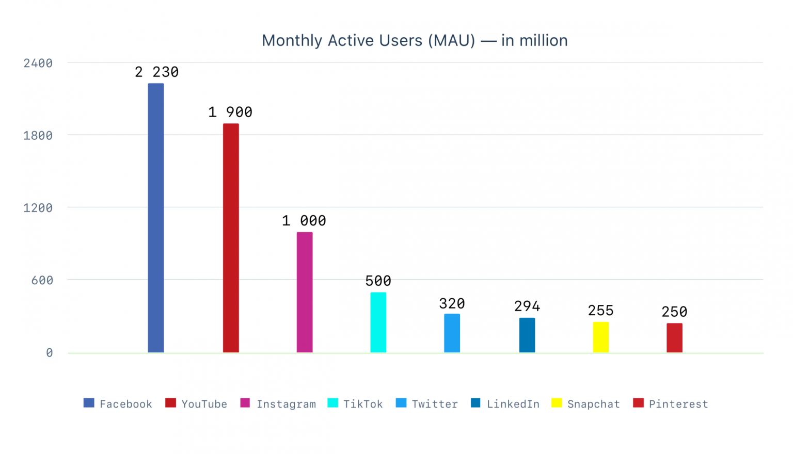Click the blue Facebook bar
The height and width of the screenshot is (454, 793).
click(156, 218)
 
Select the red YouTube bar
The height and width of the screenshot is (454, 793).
click(231, 238)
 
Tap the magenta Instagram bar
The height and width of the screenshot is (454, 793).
click(305, 292)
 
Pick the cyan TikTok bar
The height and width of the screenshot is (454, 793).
click(378, 322)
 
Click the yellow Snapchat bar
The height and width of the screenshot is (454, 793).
click(601, 337)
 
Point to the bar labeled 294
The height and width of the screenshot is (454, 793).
click(527, 335)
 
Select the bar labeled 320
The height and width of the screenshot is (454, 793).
click(452, 333)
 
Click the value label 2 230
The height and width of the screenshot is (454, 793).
click(156, 72)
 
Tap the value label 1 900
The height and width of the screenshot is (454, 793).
click(230, 112)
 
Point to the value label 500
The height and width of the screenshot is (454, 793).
click(378, 281)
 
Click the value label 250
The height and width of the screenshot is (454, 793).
click(674, 312)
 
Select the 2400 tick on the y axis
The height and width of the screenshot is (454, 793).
click(38, 63)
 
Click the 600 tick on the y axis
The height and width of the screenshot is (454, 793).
click(42, 281)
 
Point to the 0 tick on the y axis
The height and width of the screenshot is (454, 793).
click(49, 353)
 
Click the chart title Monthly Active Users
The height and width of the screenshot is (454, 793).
click(415, 41)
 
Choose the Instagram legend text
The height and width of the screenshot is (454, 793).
click(286, 404)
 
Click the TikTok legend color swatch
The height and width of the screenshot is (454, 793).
click(333, 403)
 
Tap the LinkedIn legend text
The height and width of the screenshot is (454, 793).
click(513, 404)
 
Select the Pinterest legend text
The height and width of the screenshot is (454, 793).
click(678, 404)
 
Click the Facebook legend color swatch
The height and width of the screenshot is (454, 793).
click(89, 403)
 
